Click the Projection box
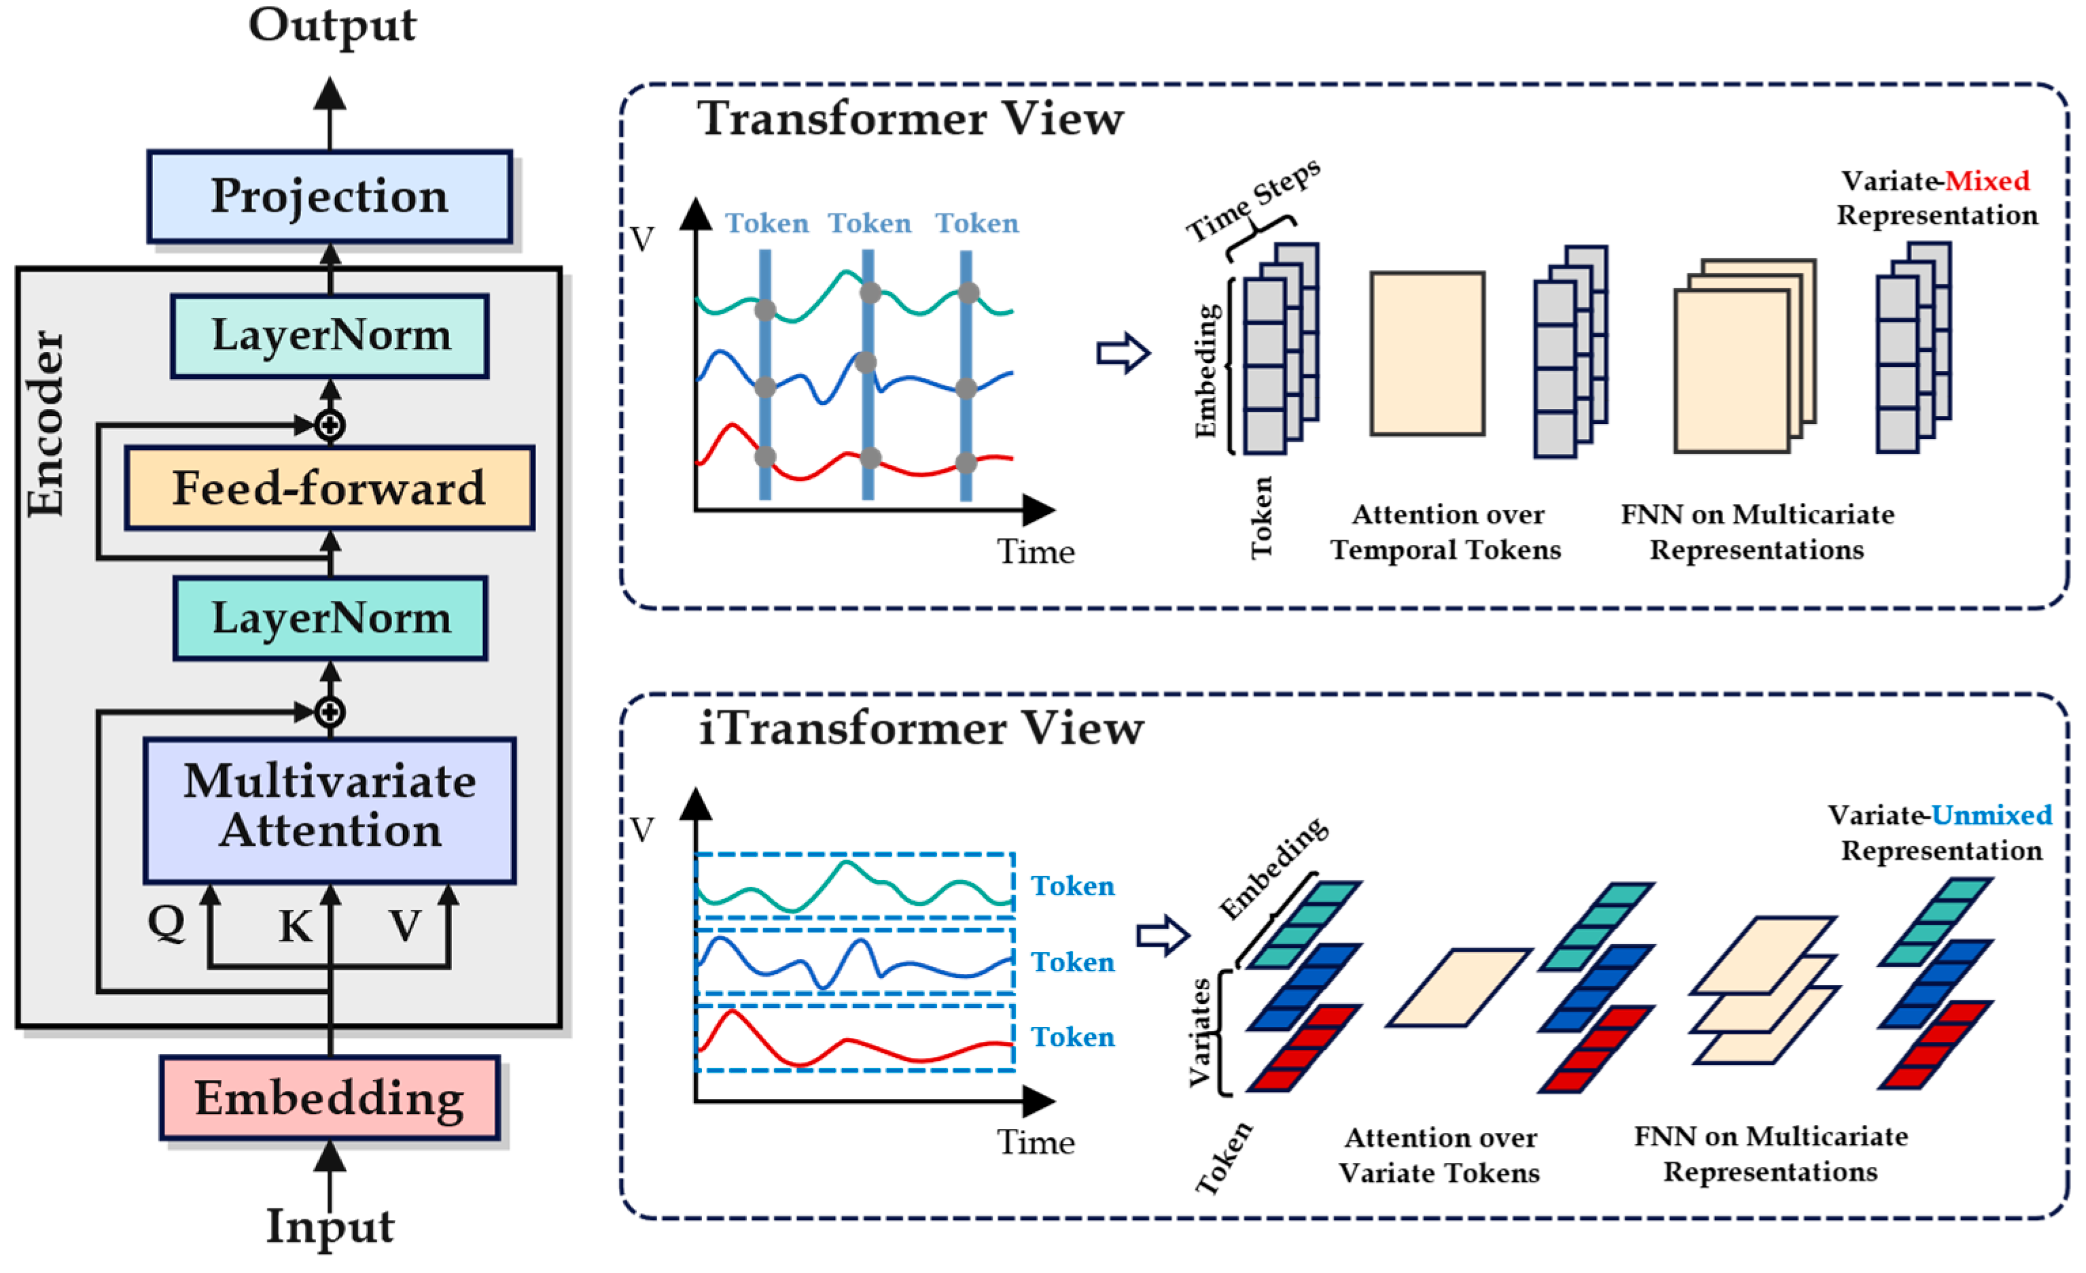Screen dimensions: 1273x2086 tap(330, 196)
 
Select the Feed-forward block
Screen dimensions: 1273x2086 tap(330, 488)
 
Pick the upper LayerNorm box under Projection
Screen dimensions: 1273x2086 tap(330, 335)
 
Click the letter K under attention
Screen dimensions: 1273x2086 tap(296, 926)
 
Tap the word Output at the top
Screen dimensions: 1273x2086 tap(332, 25)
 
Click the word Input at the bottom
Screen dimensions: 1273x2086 tap(330, 1225)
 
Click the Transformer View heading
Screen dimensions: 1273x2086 tap(910, 118)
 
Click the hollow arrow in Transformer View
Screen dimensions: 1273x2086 tap(1122, 353)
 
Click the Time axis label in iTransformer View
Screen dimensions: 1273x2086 tap(1036, 1142)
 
